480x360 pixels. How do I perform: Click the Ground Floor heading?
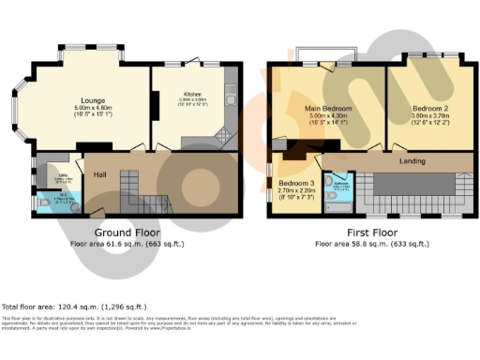[127, 232]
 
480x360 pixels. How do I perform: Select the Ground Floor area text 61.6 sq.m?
[127, 243]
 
